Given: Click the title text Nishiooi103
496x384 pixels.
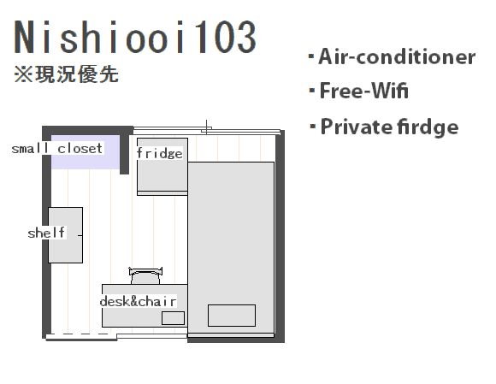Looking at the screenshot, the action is click(135, 37).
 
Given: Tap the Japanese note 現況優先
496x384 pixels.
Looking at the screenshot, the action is click(77, 74).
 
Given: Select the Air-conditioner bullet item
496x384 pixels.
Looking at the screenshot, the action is click(393, 57).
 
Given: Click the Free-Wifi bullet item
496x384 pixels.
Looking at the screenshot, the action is click(358, 91).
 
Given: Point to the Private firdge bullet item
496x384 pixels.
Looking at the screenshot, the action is click(384, 127).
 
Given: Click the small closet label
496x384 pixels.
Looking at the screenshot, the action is click(57, 148).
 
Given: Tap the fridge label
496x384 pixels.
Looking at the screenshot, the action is click(160, 153).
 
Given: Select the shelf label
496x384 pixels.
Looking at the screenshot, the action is click(46, 233).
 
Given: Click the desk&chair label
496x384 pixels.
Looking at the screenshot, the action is click(138, 301).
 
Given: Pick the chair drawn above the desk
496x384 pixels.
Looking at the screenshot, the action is click(145, 276).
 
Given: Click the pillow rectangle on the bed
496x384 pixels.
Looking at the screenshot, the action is click(232, 316).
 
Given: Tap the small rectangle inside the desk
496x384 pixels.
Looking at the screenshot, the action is click(173, 318).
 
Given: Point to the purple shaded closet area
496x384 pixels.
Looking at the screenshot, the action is click(86, 152).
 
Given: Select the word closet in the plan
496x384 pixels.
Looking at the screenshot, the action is click(80, 148).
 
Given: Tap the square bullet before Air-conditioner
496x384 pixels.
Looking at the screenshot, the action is click(311, 57).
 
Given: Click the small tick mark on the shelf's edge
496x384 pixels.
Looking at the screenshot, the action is click(80, 235).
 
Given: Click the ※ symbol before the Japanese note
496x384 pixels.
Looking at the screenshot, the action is click(23, 75).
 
